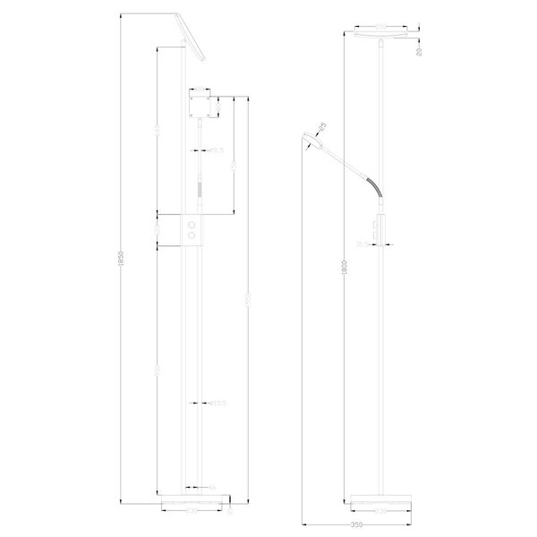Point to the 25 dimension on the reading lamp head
coord(321,126)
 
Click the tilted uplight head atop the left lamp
coord(191,35)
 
